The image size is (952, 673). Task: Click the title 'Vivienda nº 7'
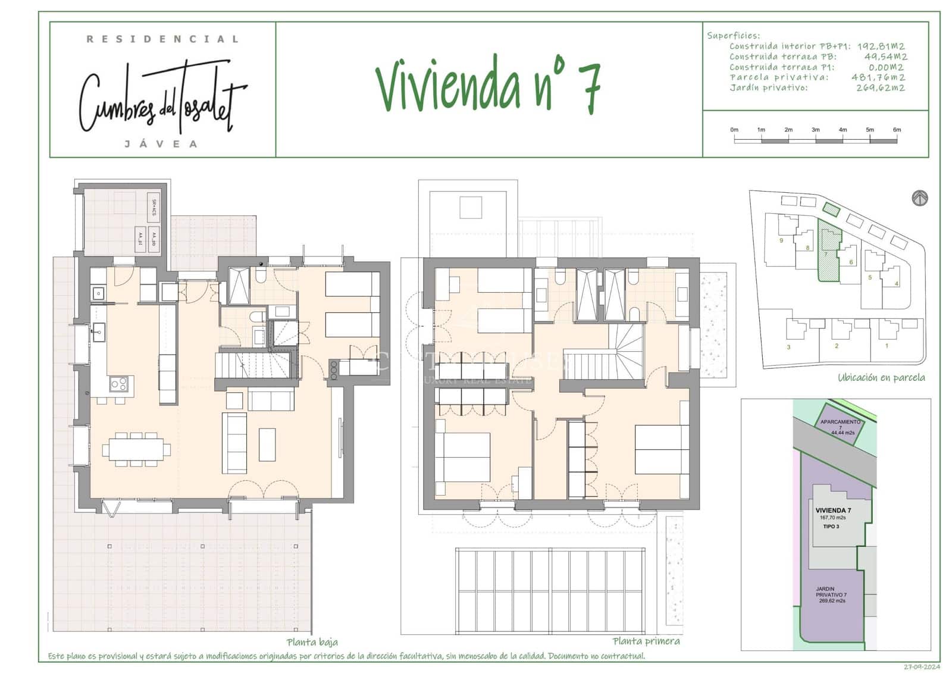point(488,86)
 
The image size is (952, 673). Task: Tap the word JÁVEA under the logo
point(161,144)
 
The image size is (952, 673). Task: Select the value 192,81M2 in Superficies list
point(881,46)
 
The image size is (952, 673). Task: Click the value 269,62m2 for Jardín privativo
point(881,88)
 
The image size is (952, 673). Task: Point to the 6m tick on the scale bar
point(897,130)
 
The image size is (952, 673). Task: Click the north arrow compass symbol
point(920,198)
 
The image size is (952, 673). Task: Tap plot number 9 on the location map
point(781,240)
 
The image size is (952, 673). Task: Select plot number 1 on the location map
point(887,346)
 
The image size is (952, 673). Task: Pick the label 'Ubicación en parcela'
point(881,377)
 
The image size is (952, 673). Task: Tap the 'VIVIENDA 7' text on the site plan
point(833,511)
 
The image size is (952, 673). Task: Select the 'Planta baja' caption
point(312,642)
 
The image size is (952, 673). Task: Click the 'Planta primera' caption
point(646,641)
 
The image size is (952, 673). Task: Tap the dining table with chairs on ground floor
point(136,449)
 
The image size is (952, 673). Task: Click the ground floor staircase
point(253,364)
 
